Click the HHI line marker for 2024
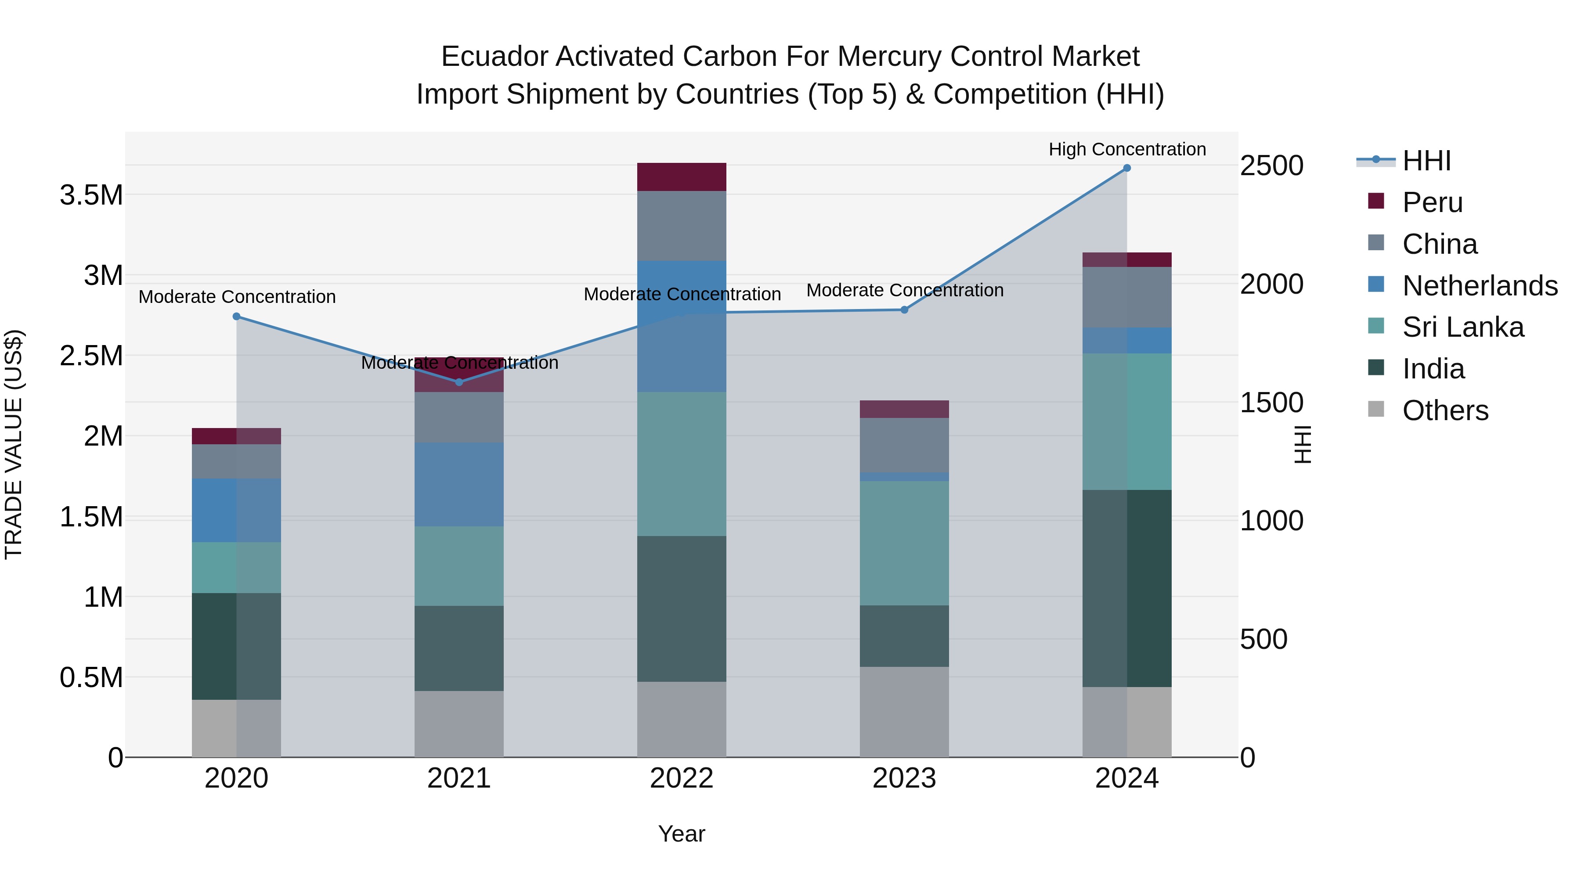(1127, 168)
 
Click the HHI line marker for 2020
(237, 317)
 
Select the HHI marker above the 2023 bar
(904, 310)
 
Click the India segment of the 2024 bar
(1127, 588)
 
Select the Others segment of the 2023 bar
(904, 712)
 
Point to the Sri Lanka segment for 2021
(459, 566)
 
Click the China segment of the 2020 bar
(237, 461)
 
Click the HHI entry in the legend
(1426, 161)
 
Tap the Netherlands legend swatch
(1377, 284)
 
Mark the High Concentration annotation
(1127, 150)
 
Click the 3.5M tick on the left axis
(91, 195)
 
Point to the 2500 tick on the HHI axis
(1271, 166)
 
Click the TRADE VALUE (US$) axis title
(14, 444)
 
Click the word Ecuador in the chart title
(495, 57)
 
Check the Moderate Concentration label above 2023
(905, 290)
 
